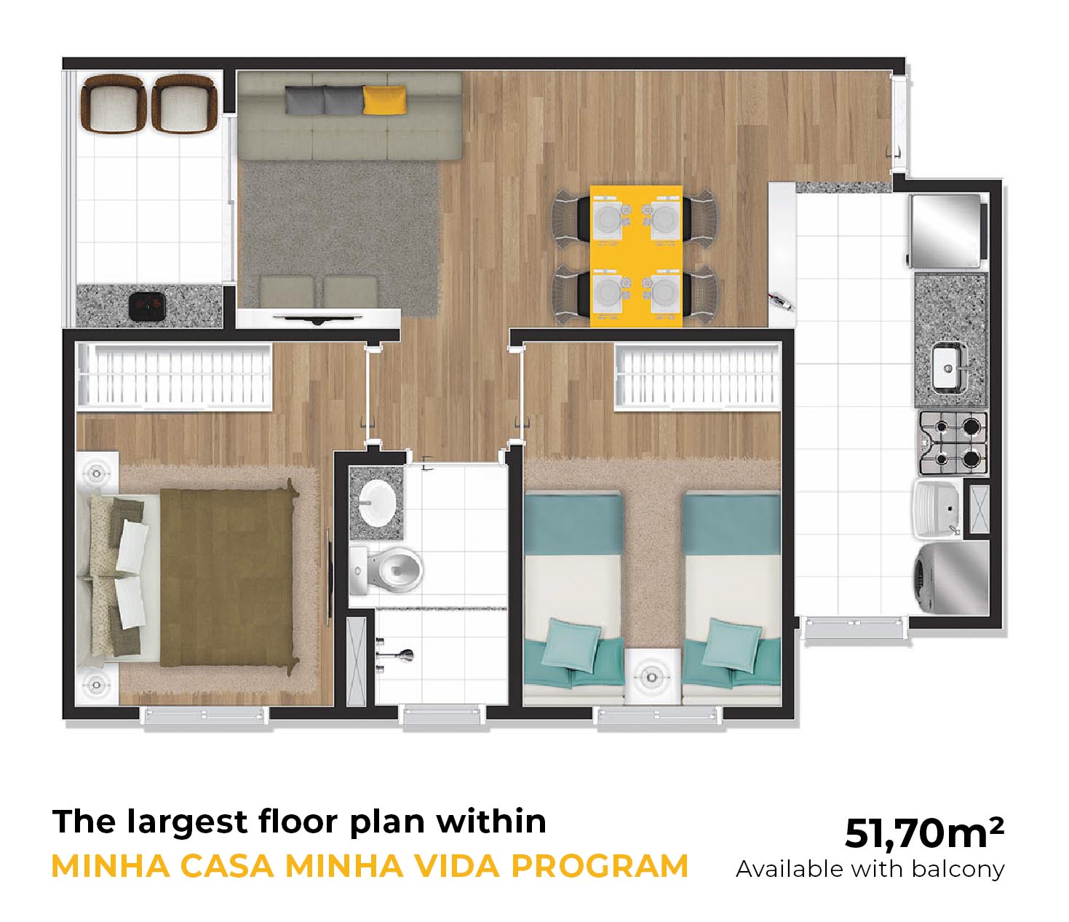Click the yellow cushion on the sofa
[x=384, y=100]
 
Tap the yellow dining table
[x=636, y=256]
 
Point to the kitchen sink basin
[x=947, y=367]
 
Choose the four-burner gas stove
[x=953, y=443]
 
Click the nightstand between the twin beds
[x=651, y=676]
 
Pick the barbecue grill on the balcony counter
[x=147, y=308]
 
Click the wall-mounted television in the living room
[x=318, y=318]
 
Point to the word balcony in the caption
[x=958, y=870]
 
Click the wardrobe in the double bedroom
[x=175, y=376]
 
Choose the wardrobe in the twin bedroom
[x=697, y=377]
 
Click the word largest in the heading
[x=187, y=823]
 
